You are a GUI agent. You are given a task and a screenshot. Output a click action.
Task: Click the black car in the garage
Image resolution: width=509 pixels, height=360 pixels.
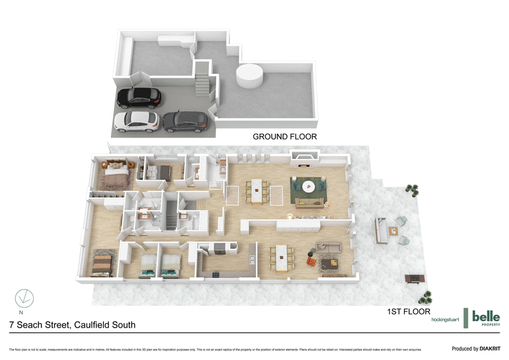[139, 97]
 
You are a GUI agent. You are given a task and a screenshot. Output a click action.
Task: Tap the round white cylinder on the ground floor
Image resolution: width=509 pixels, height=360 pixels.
[249, 78]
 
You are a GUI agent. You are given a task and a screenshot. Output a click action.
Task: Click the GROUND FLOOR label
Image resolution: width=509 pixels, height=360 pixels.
[284, 137]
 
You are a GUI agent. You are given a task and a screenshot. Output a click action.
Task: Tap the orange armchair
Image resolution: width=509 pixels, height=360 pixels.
[312, 261]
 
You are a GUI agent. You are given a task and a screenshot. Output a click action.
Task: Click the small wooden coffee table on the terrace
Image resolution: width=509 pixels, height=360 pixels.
[394, 231]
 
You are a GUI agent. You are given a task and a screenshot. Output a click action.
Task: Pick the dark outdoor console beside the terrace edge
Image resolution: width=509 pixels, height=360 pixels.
[415, 278]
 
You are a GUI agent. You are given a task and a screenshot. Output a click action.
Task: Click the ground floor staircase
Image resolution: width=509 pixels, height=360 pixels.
[202, 82]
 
